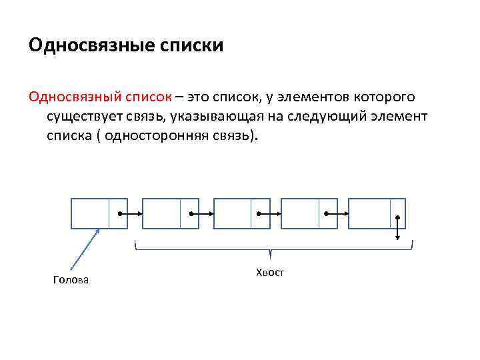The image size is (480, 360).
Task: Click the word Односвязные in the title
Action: coord(90,46)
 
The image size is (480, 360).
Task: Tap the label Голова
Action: coord(71,280)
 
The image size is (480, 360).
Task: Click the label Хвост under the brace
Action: coord(269,272)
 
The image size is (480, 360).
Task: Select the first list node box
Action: coord(99,213)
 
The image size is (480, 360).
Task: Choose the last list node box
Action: coord(377,213)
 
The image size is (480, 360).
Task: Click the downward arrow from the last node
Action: coord(398,229)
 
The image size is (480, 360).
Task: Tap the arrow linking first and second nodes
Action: coord(130,214)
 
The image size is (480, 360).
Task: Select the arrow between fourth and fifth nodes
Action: coord(336,214)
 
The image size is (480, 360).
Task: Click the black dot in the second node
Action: coord(191,214)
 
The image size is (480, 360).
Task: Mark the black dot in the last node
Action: coord(398,218)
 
